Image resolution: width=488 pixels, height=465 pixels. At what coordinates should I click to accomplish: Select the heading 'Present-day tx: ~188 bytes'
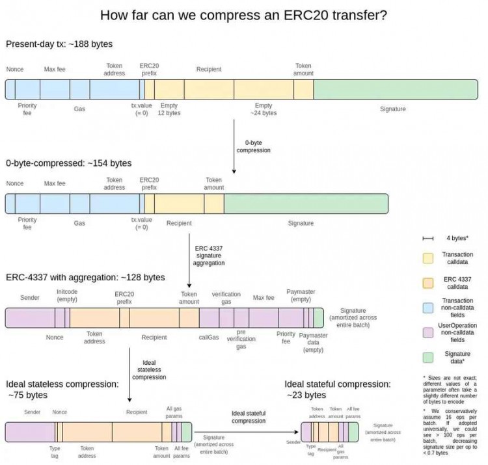59,44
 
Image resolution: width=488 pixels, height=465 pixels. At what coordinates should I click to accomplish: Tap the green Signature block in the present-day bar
392,88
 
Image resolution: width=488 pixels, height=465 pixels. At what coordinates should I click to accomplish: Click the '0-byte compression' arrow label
253,146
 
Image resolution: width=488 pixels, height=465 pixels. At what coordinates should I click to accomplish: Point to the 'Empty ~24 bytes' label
264,109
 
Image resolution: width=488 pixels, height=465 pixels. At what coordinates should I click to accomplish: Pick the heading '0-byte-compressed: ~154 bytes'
68,163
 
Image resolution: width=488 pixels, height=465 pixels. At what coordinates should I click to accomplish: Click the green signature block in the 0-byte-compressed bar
305,204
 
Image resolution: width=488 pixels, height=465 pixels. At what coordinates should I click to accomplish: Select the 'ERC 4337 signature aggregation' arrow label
210,256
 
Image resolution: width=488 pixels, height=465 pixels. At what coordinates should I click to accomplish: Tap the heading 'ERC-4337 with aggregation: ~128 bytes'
85,278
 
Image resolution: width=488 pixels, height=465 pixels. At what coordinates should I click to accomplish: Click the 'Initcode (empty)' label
67,296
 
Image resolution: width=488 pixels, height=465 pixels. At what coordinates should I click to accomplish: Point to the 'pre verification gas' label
241,339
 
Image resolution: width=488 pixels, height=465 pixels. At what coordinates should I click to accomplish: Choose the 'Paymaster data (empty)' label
313,343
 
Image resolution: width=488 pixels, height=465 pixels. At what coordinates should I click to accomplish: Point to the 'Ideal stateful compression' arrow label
249,417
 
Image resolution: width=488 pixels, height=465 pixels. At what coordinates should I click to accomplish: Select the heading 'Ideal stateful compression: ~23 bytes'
337,389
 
